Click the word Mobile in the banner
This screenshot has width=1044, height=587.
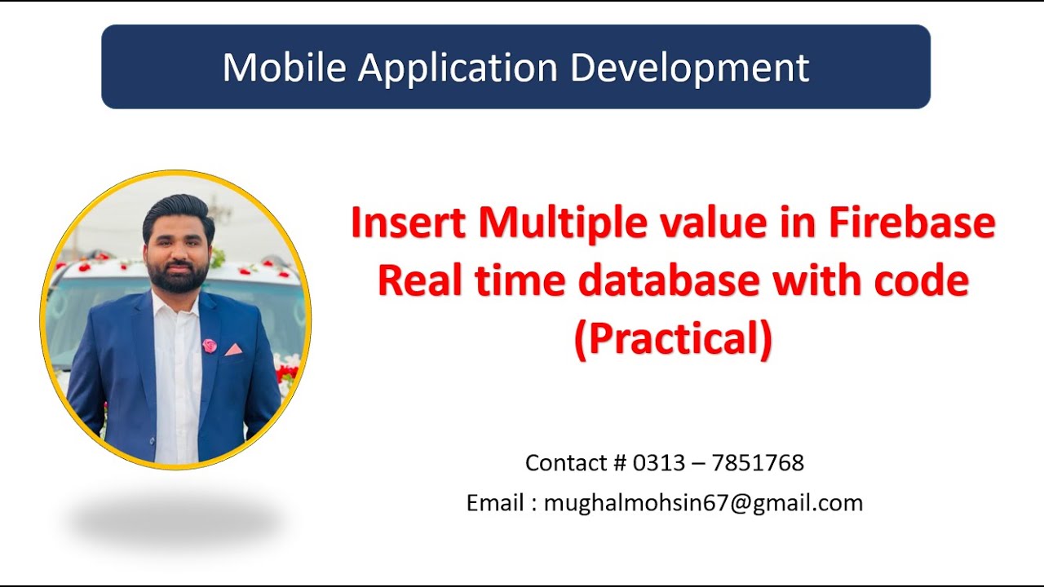click(285, 68)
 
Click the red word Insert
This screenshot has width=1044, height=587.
click(409, 223)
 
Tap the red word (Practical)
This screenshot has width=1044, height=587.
click(674, 340)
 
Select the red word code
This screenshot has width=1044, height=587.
click(922, 280)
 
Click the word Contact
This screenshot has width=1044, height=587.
click(566, 462)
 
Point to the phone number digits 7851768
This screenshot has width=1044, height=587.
click(758, 462)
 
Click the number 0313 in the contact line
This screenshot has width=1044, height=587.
click(659, 462)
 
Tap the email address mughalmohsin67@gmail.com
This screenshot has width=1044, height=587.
click(703, 504)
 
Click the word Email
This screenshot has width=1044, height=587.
click(495, 503)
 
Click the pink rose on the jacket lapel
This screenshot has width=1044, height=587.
click(210, 346)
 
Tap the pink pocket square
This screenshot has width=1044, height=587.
click(233, 350)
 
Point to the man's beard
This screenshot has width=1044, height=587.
click(178, 276)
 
